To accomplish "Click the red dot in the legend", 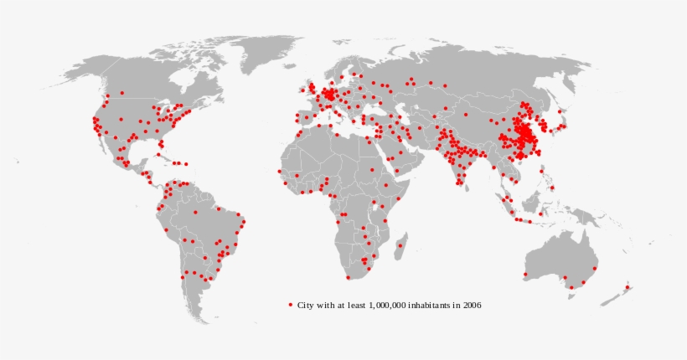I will coord(291,305).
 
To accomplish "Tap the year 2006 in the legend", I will coord(471,305).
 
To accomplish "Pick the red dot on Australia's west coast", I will coord(525,274).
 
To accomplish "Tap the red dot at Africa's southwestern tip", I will coord(348,278).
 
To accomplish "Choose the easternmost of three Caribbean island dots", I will coord(185,164).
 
